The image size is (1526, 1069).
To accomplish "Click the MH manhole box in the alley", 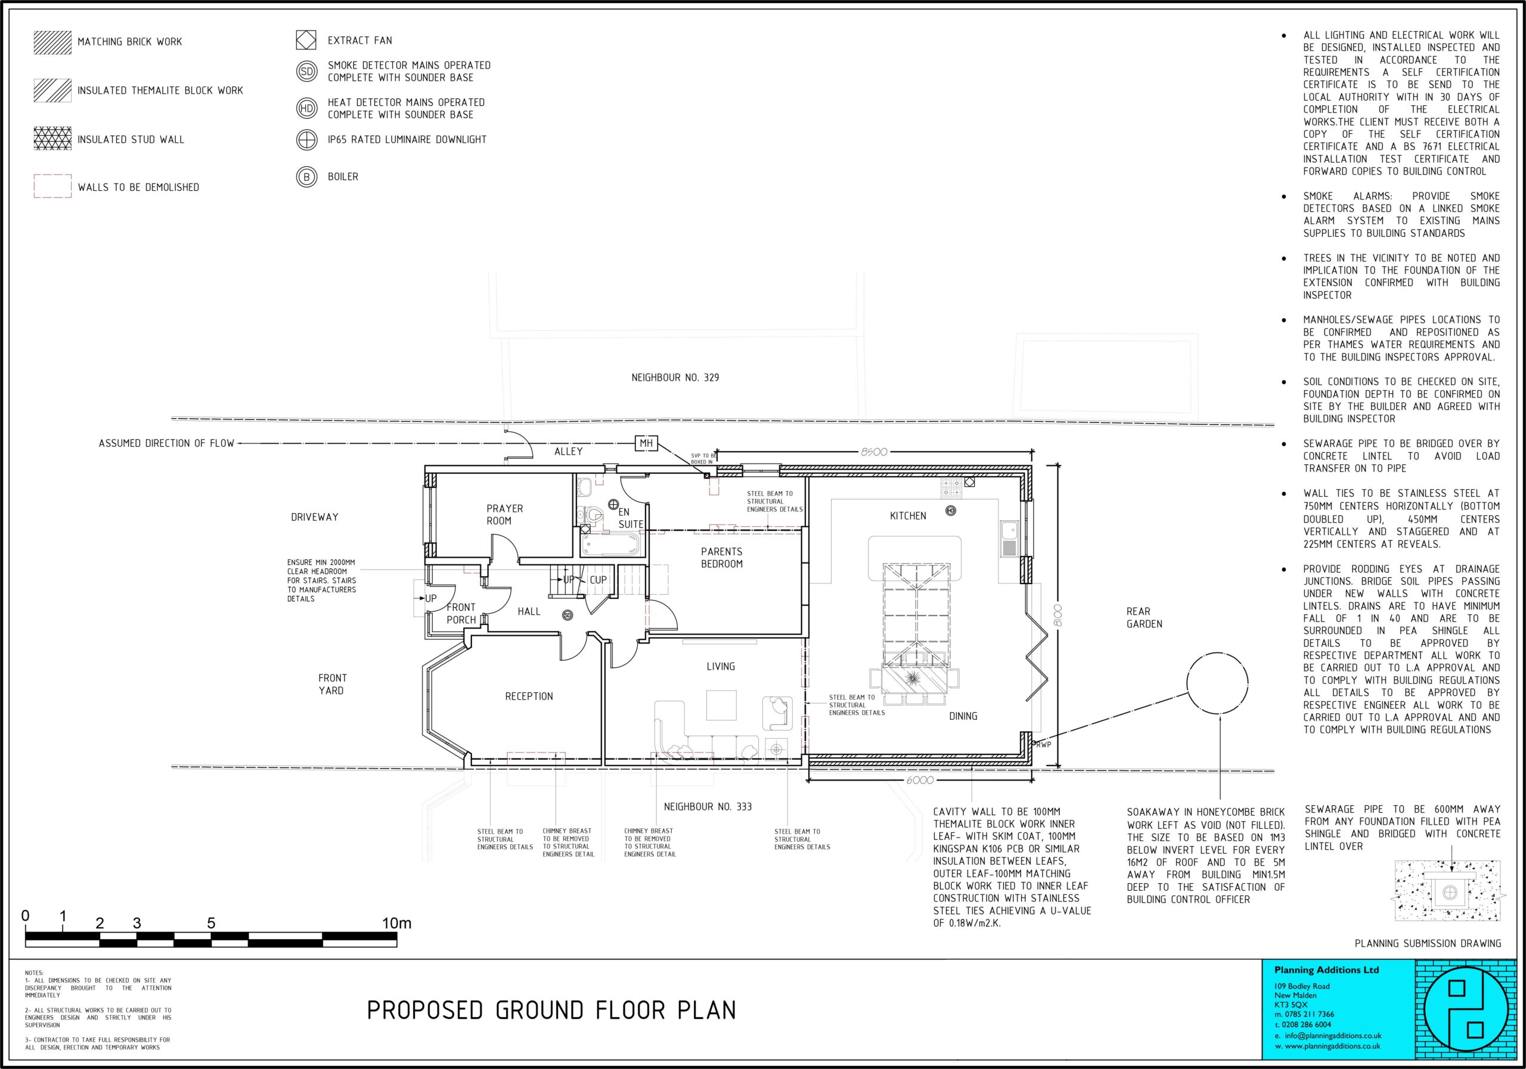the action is [646, 443].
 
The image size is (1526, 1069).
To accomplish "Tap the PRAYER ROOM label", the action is [504, 515].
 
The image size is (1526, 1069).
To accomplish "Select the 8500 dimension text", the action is [874, 452].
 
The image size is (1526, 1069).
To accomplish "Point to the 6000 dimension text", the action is [920, 780].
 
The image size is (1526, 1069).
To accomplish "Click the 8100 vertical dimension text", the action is [1058, 614].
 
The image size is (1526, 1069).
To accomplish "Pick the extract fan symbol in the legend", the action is [306, 40].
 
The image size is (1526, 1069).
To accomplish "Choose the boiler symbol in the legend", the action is [306, 178].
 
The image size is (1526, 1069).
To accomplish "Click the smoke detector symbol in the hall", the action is [567, 615].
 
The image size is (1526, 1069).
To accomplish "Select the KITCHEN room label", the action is [908, 515].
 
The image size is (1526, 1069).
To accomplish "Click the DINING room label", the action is [963, 716].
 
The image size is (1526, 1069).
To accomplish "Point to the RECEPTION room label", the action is [529, 696].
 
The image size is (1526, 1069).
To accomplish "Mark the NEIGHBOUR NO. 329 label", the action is [675, 377].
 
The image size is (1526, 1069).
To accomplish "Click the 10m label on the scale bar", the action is [396, 924].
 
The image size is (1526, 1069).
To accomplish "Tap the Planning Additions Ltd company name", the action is [1317, 970].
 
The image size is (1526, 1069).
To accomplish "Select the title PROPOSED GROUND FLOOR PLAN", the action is [551, 1011].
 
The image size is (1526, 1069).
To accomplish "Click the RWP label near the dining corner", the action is [1044, 745].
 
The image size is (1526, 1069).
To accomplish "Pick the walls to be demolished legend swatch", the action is [52, 186].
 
